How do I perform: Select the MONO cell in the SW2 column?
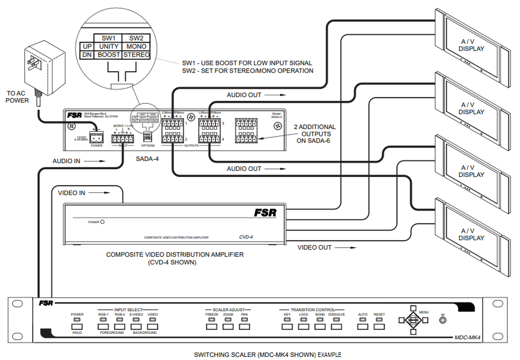pos(136,46)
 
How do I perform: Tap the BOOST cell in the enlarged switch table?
pos(109,55)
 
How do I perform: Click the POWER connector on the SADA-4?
pos(96,137)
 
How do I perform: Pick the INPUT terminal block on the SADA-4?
pos(122,139)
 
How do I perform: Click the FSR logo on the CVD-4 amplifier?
pos(265,213)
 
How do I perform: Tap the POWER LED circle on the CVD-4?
pos(102,222)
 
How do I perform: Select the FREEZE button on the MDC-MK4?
pos(212,327)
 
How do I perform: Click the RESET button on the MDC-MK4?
pos(379,327)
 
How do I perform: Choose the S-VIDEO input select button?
pos(136,327)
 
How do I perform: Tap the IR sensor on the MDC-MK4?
pos(442,321)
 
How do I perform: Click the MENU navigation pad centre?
pos(413,320)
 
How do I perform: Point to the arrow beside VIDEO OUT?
pos(347,248)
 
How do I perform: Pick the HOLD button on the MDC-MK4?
pos(77,327)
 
